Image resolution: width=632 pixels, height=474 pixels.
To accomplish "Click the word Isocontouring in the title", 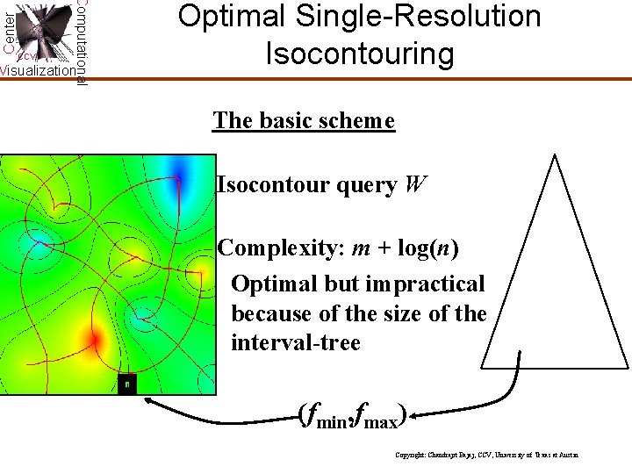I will point(360,54).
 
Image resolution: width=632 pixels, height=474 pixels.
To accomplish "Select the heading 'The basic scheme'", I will point(304,120).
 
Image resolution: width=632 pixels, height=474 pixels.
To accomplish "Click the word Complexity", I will point(280,248).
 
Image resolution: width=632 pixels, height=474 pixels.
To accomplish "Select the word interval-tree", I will point(295,342).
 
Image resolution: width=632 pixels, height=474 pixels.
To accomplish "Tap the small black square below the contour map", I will point(127,384).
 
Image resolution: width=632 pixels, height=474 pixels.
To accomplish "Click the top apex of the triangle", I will point(554,156).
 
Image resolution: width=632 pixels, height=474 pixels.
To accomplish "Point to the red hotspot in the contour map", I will point(92,338).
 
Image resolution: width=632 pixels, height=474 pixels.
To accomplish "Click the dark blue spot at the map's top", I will point(180,169).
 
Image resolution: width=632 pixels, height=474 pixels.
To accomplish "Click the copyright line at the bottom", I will point(487,456).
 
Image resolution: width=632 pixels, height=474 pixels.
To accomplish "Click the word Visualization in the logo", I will point(38,71).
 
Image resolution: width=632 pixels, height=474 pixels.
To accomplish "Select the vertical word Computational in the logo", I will point(81,42).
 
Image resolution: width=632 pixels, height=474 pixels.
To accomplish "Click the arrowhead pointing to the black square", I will point(150,400).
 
